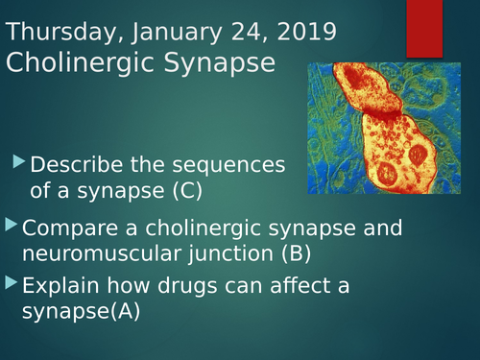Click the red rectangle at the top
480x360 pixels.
424,28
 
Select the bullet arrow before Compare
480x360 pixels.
11,226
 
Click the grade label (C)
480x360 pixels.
187,191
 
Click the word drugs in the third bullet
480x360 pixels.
188,285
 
